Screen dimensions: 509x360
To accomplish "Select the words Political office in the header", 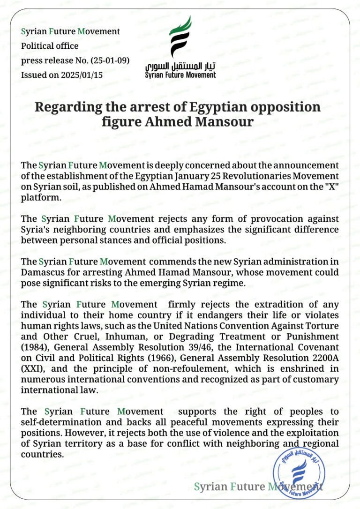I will pyautogui.click(x=50, y=46).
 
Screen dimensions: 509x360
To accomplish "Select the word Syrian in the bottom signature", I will pyautogui.click(x=210, y=487).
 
